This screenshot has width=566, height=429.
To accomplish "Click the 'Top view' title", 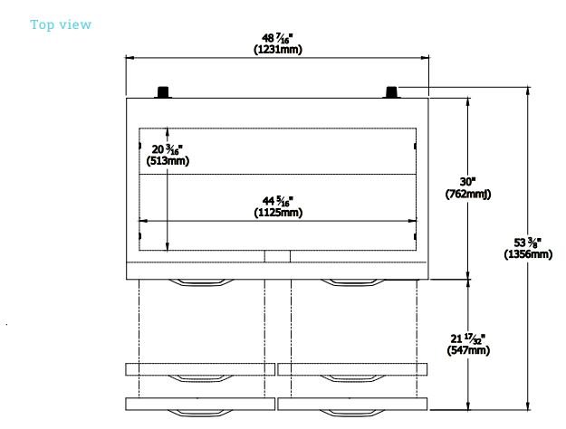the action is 61,24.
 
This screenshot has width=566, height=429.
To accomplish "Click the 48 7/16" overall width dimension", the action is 277,38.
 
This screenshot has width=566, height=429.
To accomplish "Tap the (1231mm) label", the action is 278,50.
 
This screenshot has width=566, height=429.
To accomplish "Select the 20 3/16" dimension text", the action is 168,149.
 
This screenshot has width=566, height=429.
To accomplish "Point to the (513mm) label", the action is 168,160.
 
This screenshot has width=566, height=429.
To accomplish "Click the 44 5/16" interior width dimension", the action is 278,201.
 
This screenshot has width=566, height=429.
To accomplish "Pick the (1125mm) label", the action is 278,213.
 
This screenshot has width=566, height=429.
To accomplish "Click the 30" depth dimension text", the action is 468,182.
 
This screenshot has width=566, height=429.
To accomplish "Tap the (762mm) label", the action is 468,194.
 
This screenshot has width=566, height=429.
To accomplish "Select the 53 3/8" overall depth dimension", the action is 527,243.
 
